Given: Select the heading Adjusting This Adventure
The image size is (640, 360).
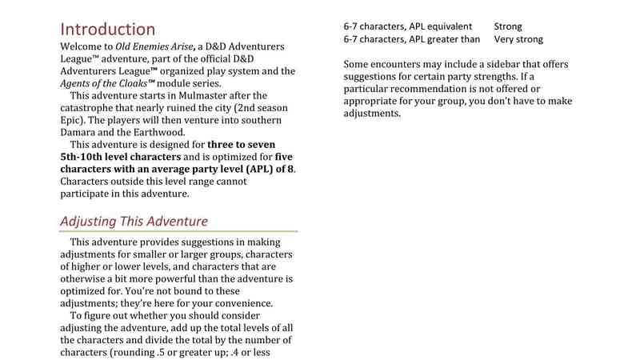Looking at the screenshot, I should [x=134, y=221].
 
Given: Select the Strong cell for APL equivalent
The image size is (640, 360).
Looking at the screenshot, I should [x=509, y=26].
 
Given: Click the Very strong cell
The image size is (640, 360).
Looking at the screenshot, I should [x=518, y=38].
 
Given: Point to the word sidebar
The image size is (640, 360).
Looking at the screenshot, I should [x=501, y=64].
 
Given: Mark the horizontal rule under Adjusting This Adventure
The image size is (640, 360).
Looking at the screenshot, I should [x=179, y=232].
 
